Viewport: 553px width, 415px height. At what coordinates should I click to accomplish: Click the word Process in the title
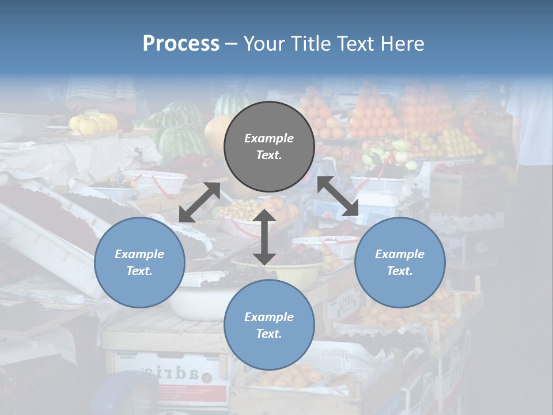[x=181, y=44]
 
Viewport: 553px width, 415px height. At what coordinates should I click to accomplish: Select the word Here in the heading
[x=403, y=44]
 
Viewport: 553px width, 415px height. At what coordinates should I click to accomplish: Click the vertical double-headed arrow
[x=264, y=237]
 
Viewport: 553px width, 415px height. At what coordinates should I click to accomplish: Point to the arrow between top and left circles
[x=199, y=202]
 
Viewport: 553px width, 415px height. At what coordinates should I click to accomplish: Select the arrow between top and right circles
[x=338, y=197]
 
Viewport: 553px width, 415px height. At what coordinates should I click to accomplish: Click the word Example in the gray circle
[x=269, y=138]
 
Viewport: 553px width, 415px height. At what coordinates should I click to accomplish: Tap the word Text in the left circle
[x=139, y=271]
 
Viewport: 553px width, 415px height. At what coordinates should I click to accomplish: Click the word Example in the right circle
[x=400, y=254]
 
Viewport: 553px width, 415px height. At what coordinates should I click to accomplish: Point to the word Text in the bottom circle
[x=269, y=334]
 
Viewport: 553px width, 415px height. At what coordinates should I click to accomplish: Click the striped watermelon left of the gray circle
[x=183, y=141]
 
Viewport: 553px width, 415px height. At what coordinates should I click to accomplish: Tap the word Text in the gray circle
[x=269, y=155]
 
